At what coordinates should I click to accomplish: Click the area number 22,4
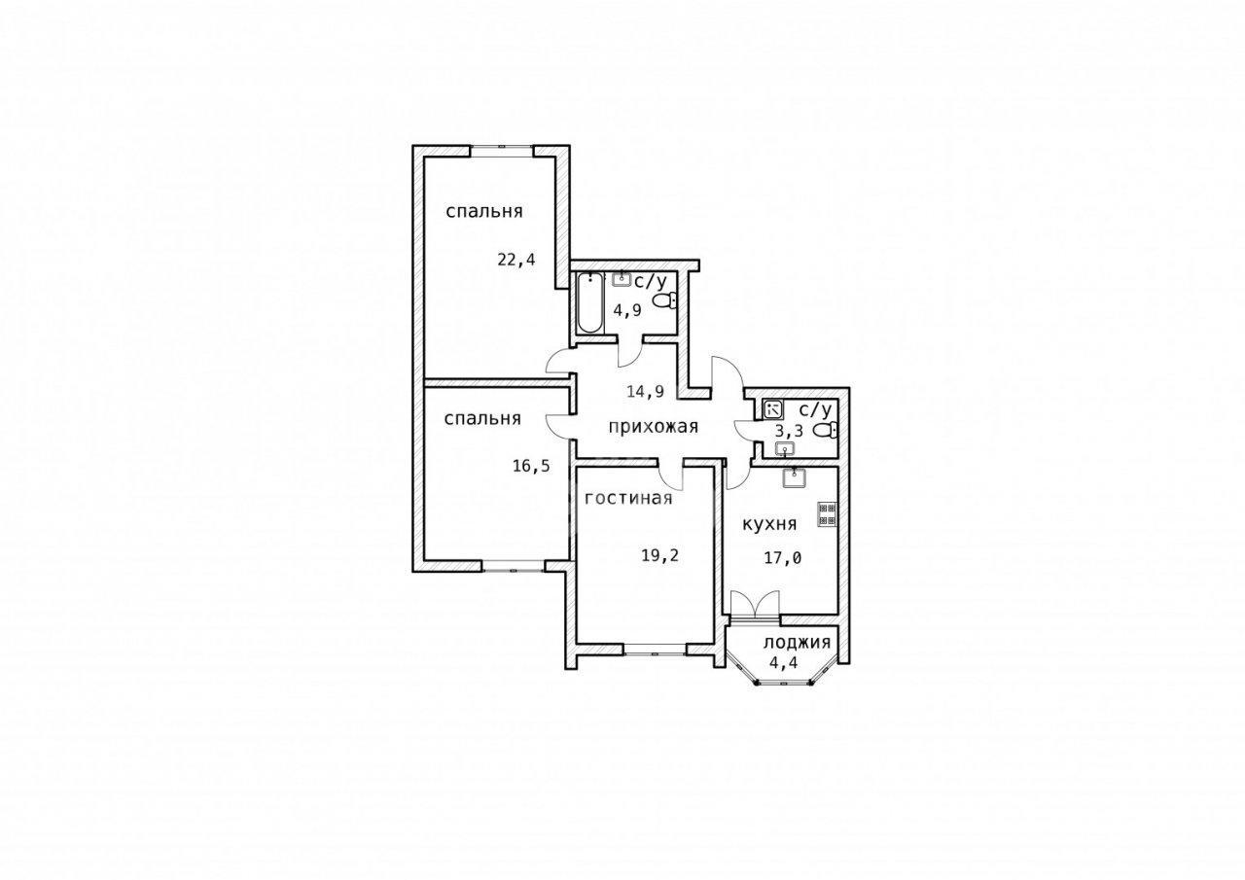tap(516, 260)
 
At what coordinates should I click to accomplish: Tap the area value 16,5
tap(531, 466)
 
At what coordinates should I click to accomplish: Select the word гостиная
tap(628, 498)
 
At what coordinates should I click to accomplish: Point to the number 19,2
tap(660, 555)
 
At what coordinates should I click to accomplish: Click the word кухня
tap(769, 524)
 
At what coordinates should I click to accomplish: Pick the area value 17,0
tap(783, 558)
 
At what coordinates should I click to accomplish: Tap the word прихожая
tap(653, 427)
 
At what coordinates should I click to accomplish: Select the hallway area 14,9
tap(646, 392)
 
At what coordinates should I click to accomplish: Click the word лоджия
tap(797, 643)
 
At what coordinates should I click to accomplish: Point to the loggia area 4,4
tap(784, 663)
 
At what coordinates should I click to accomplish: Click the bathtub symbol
tap(590, 303)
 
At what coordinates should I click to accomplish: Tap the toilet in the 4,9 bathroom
tap(664, 301)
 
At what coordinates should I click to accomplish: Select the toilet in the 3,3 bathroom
tap(826, 431)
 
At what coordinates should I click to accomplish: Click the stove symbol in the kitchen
tap(828, 513)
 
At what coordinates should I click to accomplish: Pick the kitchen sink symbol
tap(795, 477)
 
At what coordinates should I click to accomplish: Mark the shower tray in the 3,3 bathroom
tap(773, 410)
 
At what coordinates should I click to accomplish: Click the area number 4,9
tap(627, 310)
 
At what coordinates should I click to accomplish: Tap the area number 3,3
tap(790, 430)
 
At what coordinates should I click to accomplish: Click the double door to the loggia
tap(755, 604)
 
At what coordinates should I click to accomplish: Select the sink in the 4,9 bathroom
tap(622, 279)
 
